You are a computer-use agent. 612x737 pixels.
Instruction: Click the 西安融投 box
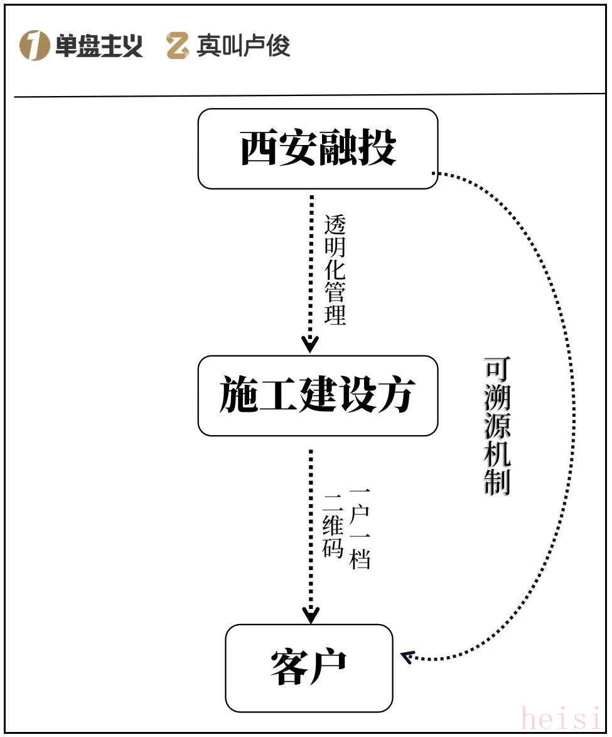coord(318,149)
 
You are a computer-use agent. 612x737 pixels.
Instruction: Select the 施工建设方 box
coord(318,395)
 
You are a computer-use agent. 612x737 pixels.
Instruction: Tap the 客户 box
coord(309,668)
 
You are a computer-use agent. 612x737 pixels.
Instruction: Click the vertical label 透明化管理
coord(335,270)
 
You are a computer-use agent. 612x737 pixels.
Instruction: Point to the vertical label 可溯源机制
coord(497,427)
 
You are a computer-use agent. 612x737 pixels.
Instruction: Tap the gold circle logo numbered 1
coord(34,46)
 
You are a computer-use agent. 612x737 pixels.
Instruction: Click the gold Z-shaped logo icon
coord(178,46)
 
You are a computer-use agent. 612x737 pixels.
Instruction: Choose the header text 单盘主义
coord(99,46)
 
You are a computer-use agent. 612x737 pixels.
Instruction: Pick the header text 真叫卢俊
coord(244,46)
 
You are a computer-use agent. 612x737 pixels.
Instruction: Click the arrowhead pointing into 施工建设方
coord(311,344)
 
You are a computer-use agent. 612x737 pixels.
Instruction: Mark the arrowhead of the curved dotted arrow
coord(407,657)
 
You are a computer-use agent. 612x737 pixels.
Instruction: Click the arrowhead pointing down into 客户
coord(311,615)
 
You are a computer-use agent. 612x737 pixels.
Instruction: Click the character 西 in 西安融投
coord(259,149)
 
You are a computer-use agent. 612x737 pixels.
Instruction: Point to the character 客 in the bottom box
coord(289,668)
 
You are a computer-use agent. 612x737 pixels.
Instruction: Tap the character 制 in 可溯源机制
coord(497,482)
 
